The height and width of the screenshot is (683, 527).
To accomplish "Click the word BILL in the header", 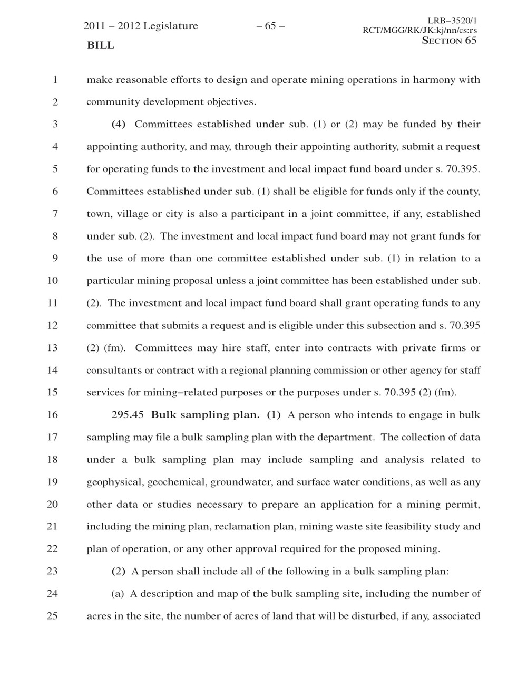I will (100, 45).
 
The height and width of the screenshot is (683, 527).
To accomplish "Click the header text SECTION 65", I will (449, 41).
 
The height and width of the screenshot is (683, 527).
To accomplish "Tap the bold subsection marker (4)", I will (119, 125).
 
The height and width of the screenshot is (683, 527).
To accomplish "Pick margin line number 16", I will (52, 415).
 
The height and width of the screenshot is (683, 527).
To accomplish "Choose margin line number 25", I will (52, 616).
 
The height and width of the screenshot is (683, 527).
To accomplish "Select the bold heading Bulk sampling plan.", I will (206, 415).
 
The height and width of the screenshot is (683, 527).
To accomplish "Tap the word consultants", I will (114, 371).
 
